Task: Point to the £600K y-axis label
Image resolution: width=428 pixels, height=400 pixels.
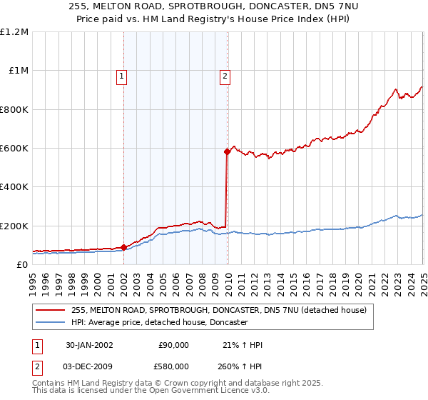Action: (x=15, y=149)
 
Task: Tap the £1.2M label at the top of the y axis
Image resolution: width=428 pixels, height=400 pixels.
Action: (x=15, y=32)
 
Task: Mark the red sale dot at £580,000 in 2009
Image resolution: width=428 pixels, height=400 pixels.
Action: (x=227, y=151)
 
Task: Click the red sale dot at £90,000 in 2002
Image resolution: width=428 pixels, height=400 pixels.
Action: (x=123, y=247)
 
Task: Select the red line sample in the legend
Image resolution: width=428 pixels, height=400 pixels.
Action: (x=51, y=310)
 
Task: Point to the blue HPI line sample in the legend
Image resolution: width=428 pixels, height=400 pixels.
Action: (x=51, y=323)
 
